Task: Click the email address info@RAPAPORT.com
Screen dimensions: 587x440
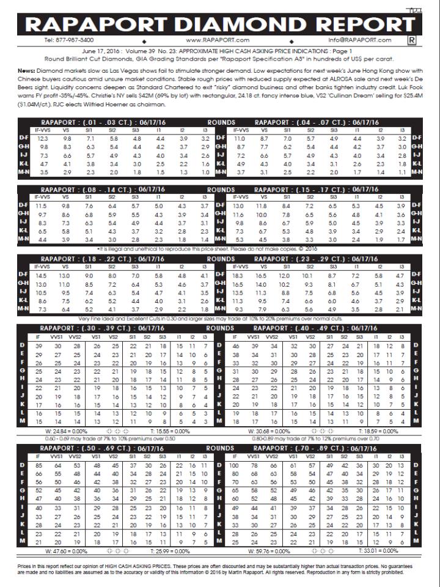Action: coord(359,40)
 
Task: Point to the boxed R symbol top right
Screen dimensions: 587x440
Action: coord(411,40)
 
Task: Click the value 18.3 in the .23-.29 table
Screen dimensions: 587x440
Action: coord(240,277)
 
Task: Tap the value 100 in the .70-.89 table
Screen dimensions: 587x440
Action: coord(233,467)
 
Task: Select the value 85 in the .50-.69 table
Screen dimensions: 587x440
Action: coord(38,467)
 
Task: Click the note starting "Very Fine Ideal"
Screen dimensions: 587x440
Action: coord(220,319)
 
